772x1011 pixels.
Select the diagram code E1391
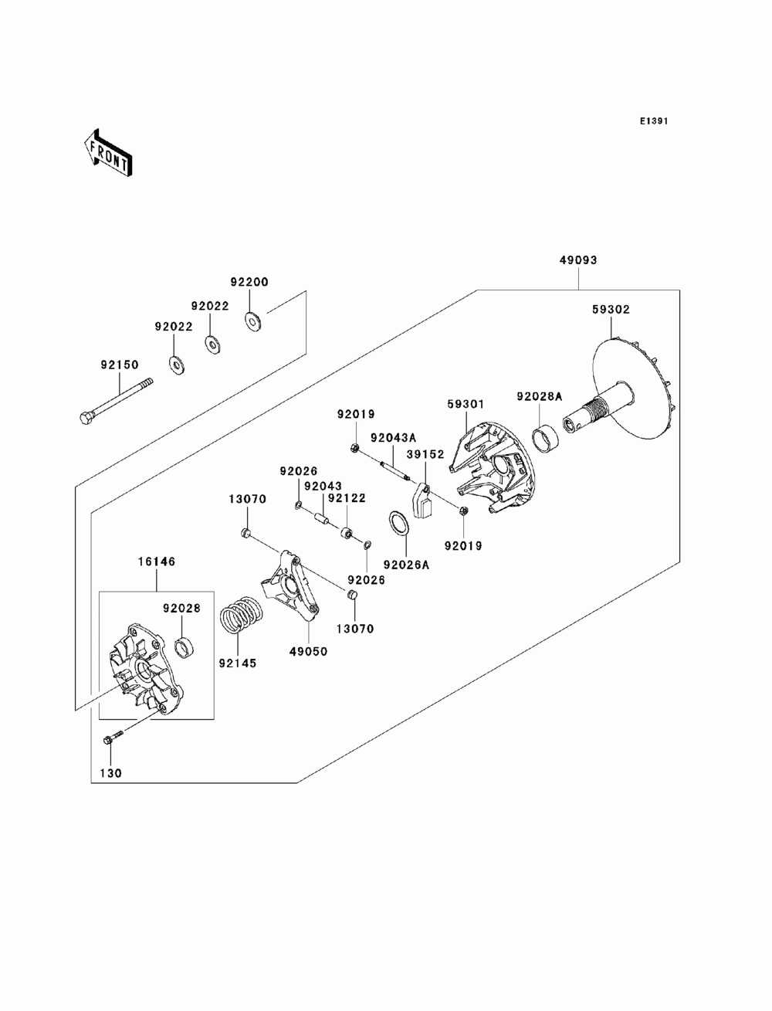click(x=653, y=121)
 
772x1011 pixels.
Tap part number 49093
click(x=578, y=260)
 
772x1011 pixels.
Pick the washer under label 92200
click(x=252, y=321)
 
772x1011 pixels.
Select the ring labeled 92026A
click(x=398, y=524)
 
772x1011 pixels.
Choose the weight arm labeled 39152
click(x=423, y=500)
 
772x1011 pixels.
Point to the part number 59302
click(x=611, y=310)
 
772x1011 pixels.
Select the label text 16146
click(x=157, y=561)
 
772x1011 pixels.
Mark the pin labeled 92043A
click(x=394, y=470)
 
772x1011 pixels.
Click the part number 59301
click(x=466, y=404)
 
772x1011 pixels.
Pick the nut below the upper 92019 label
click(x=355, y=446)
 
